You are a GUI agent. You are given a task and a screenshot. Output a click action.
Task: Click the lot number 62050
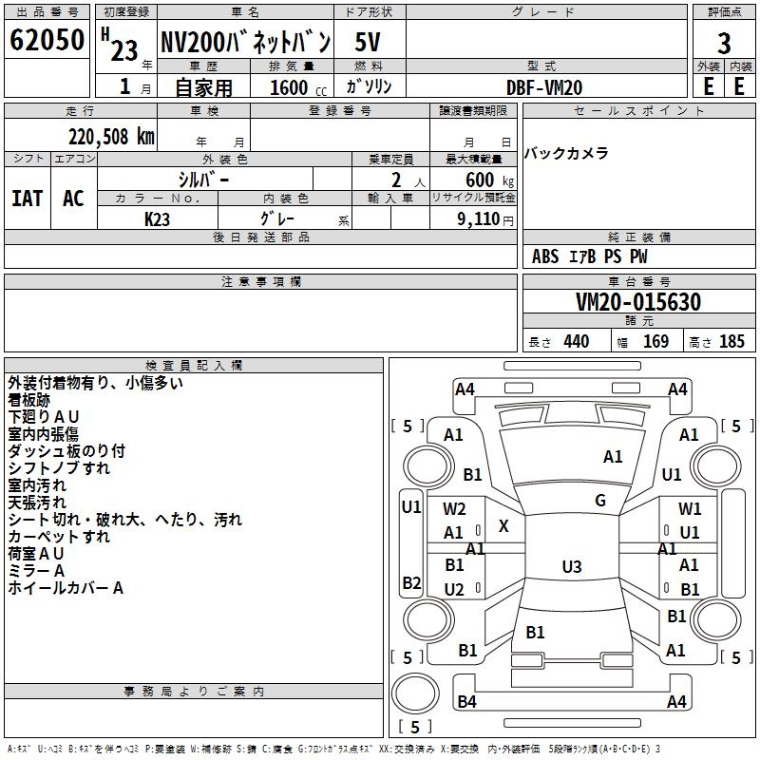pos(47,42)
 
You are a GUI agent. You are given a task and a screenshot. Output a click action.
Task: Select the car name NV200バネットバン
pos(245,42)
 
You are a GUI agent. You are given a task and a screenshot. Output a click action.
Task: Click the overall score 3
pos(724,43)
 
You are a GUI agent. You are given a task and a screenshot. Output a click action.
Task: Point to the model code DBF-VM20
pos(544,87)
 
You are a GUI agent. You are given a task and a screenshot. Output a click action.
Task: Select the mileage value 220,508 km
pos(110,136)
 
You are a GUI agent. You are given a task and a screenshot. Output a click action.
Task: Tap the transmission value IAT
pos(27,199)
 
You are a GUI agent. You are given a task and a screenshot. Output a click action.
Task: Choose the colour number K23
pos(157,218)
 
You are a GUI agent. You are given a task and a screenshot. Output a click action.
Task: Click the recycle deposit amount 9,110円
pos(481,218)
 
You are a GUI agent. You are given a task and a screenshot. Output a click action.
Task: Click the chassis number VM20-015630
pos(638,302)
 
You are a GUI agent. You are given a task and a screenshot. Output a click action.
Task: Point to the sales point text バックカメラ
pos(566,154)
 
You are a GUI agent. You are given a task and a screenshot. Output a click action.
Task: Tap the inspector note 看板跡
pos(32,400)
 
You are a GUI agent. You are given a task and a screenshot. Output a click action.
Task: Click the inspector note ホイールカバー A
pos(66,588)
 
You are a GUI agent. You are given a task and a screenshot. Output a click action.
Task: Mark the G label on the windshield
pos(600,501)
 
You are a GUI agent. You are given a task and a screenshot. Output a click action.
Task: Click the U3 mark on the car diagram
pos(571,567)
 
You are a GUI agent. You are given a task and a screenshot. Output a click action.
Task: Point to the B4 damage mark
pos(466,702)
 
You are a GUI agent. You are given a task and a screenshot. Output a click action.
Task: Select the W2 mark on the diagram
pos(454,509)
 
